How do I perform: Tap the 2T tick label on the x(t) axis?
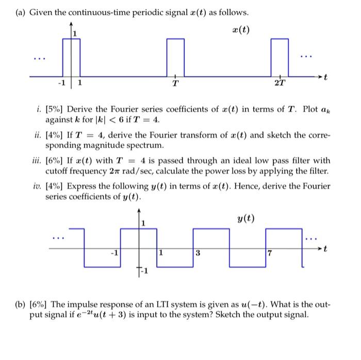(282, 84)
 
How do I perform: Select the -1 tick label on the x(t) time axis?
(61, 83)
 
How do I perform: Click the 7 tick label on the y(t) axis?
(268, 254)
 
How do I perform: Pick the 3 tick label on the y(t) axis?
(197, 254)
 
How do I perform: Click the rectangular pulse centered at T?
(175, 57)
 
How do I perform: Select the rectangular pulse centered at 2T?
(280, 57)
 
